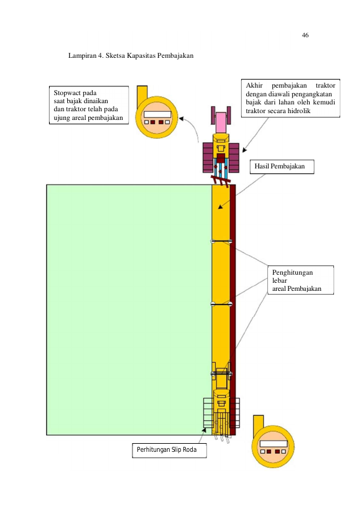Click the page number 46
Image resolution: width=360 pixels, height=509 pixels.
pos(305,35)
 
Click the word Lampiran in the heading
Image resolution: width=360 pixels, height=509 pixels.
pos(83,55)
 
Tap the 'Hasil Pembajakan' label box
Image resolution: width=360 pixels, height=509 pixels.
pos(282,167)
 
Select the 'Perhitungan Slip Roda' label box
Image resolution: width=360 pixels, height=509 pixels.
pos(169,450)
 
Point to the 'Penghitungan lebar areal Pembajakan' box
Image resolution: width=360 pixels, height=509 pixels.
pos(300,280)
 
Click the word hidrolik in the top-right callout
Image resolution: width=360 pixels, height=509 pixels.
pos(299,111)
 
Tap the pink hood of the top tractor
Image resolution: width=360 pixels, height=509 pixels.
pos(221,122)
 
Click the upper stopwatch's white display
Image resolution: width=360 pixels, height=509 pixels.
pos(157,114)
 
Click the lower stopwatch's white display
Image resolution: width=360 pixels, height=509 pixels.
pos(274,444)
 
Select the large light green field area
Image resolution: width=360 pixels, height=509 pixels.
pos(129,310)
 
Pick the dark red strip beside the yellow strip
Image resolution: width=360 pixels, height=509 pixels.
pos(233,310)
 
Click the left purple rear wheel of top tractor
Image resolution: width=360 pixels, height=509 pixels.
pos(208,158)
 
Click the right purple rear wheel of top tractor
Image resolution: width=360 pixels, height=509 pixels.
pos(234,158)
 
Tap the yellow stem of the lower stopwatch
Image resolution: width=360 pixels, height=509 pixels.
pos(258,423)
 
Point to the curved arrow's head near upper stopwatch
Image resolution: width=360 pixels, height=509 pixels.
pos(182,119)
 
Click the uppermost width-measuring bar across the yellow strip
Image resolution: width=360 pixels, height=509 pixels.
pos(221,241)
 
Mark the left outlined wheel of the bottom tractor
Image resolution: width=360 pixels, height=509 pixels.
pos(208,413)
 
